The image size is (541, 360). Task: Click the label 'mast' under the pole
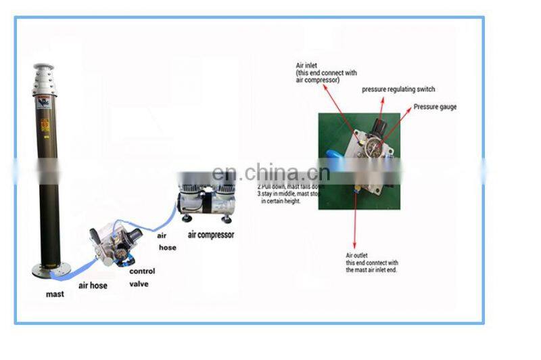tap(55, 294)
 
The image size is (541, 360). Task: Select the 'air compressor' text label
tap(211, 235)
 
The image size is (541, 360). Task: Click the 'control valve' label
tap(142, 277)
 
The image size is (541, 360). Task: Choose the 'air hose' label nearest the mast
tap(93, 286)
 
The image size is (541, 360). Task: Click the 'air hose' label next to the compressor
tap(166, 242)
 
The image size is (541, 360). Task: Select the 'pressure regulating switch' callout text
tap(398, 89)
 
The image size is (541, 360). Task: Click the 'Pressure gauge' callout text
tap(435, 107)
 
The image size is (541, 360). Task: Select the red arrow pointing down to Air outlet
tap(356, 217)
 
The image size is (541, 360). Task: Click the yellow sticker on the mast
tap(45, 125)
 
